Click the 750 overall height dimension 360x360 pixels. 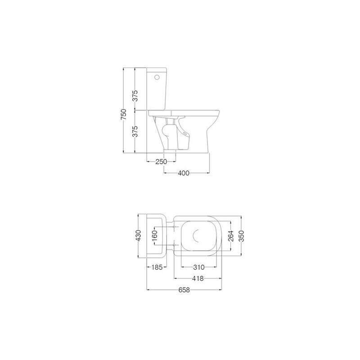[x=124, y=114]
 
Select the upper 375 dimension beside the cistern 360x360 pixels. [x=135, y=95]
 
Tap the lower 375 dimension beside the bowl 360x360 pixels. [x=135, y=131]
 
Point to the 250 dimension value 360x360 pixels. [x=161, y=162]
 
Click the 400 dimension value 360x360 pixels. [x=184, y=173]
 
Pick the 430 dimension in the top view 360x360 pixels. [x=139, y=235]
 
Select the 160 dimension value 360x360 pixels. [x=155, y=235]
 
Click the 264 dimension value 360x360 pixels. [x=231, y=236]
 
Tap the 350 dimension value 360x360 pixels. [x=241, y=236]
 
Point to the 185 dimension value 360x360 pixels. [x=157, y=267]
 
